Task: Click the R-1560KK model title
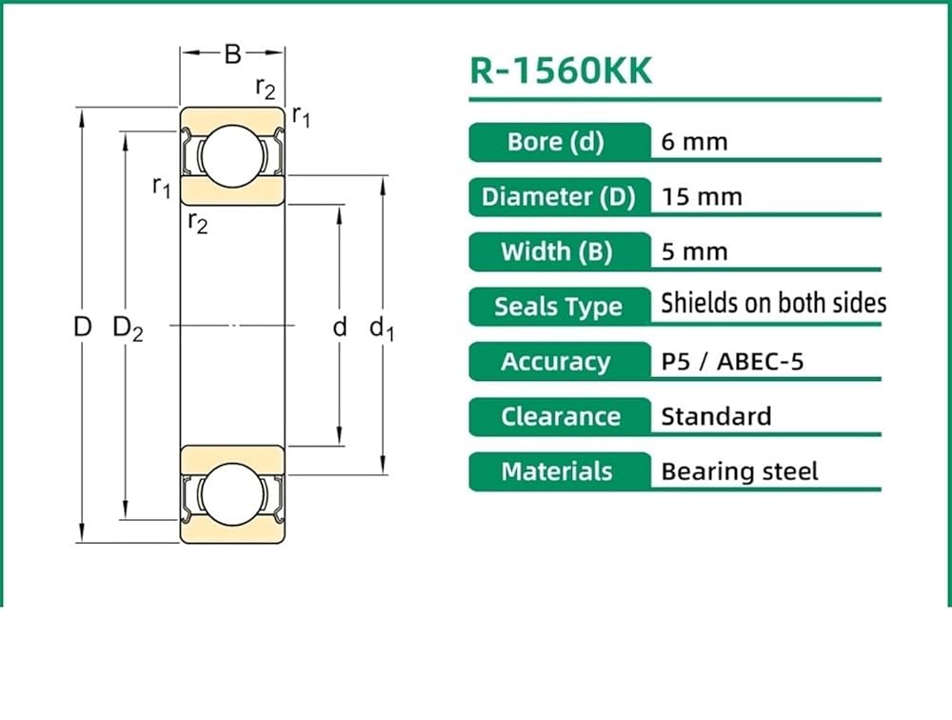point(561,70)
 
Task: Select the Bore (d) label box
point(560,142)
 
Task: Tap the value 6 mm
point(694,142)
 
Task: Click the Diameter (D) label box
point(560,197)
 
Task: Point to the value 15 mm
point(702,197)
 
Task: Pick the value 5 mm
point(694,251)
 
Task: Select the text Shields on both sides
point(773,303)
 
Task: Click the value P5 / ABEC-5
point(732,362)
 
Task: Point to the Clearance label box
point(560,417)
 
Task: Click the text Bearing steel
point(740,472)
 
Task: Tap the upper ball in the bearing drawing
point(232,156)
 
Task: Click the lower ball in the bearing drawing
point(232,494)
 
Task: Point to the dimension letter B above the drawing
point(232,54)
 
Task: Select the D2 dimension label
point(129,329)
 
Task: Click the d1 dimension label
point(382,329)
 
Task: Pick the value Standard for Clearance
point(716,417)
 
